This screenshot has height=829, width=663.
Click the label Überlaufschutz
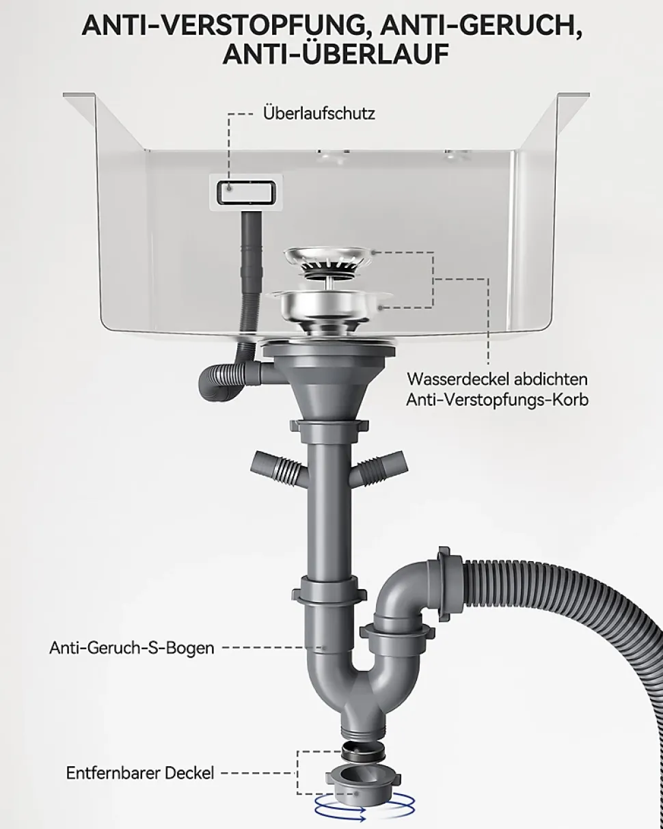(319, 114)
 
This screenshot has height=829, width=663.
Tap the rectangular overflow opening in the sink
(246, 192)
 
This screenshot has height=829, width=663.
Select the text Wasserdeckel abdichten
(498, 379)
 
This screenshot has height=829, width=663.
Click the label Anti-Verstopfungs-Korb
(498, 400)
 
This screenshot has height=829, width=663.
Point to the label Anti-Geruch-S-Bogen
(132, 648)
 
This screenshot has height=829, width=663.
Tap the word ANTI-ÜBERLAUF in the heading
(336, 54)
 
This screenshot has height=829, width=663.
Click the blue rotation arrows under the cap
(364, 805)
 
